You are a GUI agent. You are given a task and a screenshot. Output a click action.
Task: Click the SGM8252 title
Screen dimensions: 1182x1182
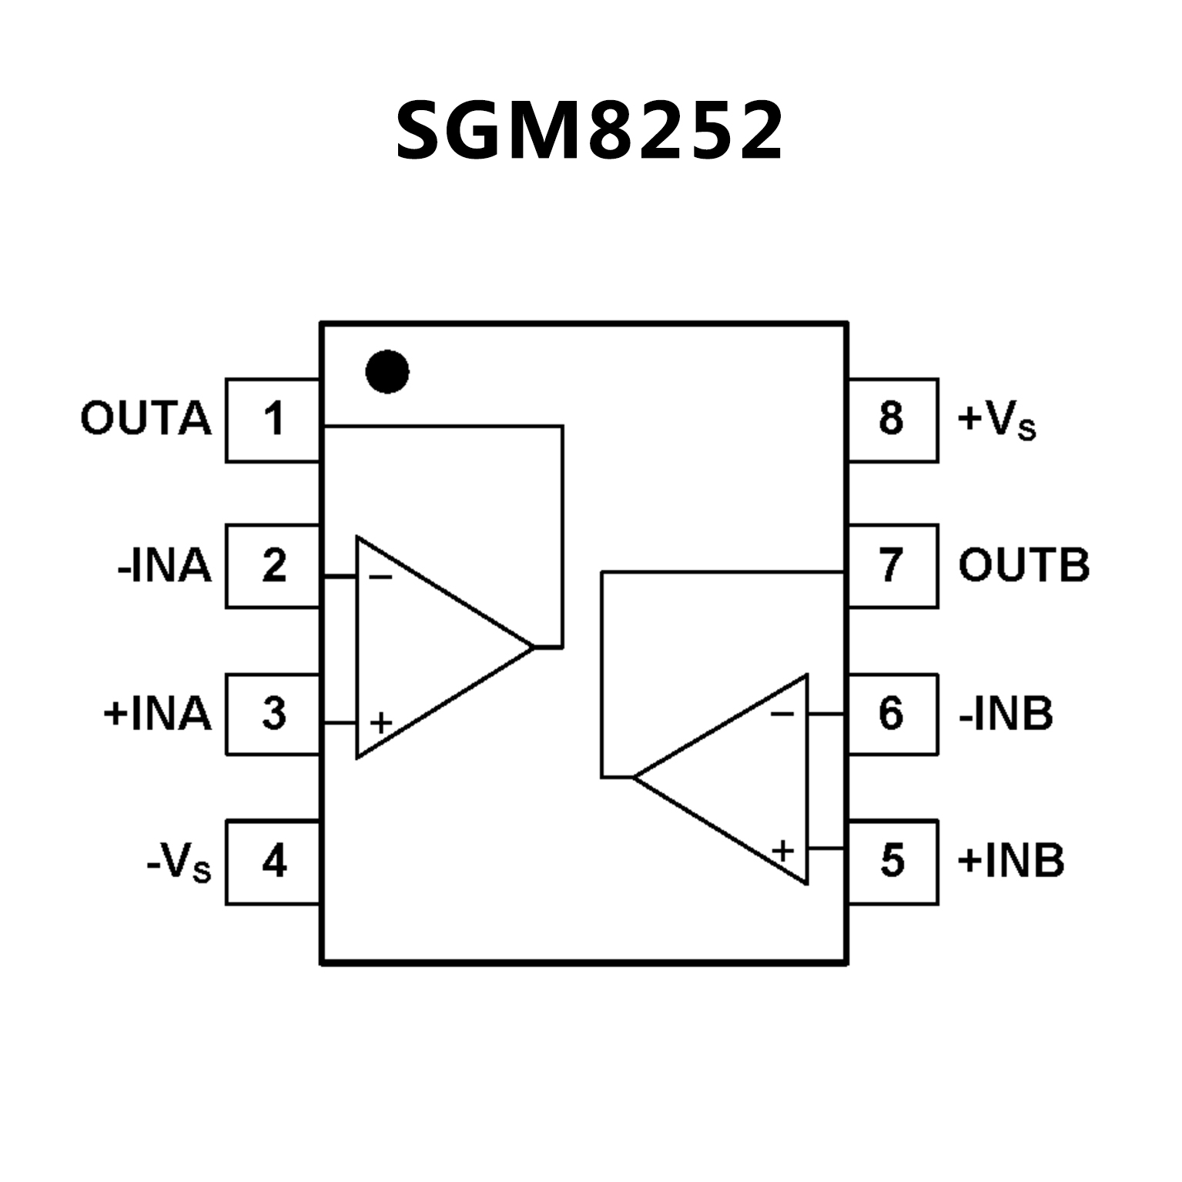590,132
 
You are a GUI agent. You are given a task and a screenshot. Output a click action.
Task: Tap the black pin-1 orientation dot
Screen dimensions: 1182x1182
387,372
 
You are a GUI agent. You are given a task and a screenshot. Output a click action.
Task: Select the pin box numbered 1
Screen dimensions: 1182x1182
273,420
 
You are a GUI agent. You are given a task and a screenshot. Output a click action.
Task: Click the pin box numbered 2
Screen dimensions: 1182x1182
273,566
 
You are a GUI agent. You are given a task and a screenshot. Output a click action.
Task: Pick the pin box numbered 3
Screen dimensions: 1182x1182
273,714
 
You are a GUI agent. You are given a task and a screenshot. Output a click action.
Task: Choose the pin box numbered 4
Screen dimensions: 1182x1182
273,862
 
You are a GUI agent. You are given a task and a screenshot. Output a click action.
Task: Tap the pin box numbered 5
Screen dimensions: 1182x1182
892,862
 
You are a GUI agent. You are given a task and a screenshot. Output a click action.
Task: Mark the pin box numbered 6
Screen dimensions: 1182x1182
892,714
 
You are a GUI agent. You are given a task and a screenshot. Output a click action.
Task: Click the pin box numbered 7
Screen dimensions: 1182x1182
892,566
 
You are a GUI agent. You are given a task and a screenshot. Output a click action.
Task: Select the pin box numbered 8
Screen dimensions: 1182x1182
892,420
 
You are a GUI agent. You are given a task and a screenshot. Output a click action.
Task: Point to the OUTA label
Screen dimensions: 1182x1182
146,420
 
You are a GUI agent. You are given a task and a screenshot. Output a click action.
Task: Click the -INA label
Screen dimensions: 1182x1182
164,567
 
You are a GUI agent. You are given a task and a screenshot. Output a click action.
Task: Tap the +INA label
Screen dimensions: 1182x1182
157,714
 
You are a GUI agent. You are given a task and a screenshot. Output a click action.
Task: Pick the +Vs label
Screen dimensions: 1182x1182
996,421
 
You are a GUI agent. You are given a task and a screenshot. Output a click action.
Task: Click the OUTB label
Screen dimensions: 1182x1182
1023,566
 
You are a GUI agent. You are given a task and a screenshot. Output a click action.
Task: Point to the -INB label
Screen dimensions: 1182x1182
1006,714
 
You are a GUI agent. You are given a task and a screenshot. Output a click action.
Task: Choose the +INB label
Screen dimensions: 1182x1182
1010,861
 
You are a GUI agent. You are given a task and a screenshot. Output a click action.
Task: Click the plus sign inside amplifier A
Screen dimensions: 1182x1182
381,723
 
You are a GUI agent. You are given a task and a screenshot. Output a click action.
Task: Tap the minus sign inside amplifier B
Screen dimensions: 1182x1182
782,714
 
